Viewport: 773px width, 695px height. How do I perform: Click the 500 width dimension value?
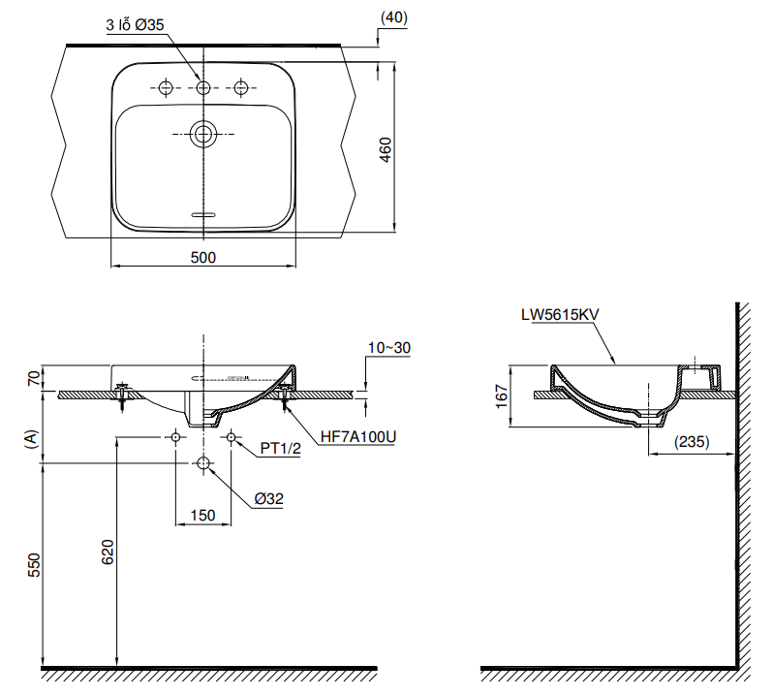tap(202, 257)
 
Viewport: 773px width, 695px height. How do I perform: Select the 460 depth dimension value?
tap(385, 149)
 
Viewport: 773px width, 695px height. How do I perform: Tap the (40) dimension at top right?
tap(394, 16)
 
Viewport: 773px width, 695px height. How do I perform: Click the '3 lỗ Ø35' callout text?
tap(139, 28)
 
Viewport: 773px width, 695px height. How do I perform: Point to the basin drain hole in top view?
tap(203, 133)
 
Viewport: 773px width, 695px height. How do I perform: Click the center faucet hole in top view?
tap(203, 88)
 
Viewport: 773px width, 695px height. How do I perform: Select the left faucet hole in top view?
tap(165, 88)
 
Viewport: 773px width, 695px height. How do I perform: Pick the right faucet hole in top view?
tap(242, 88)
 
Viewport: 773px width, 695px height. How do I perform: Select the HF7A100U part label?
tap(358, 437)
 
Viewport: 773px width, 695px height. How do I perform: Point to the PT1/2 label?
tap(282, 449)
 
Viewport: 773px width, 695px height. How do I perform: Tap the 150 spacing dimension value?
tap(202, 516)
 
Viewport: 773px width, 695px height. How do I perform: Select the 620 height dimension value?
tap(108, 552)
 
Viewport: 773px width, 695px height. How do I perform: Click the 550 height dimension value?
tap(33, 566)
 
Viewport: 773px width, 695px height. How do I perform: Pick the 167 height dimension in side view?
tap(501, 396)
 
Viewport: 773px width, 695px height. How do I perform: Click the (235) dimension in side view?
tap(691, 442)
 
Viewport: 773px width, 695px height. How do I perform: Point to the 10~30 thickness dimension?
tap(390, 347)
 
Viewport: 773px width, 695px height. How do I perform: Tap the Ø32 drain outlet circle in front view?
tap(203, 464)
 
